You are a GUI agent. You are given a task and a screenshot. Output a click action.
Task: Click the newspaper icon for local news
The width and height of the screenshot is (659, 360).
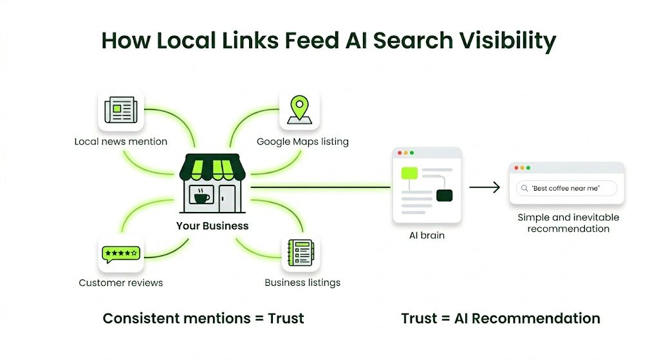click(x=120, y=110)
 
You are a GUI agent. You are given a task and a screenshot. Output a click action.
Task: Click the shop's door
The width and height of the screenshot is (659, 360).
click(x=227, y=197)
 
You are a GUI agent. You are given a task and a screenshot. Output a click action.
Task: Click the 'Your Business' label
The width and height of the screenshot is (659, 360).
click(x=212, y=226)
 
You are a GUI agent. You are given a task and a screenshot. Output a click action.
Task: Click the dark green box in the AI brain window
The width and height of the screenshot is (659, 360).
click(x=444, y=195)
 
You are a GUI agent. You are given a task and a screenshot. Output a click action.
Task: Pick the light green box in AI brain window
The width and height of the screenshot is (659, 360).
click(x=409, y=173)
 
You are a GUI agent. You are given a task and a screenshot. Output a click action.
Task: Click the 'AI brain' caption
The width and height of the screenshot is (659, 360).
click(x=427, y=236)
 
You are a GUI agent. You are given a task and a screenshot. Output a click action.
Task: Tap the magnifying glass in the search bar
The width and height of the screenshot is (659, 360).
click(x=525, y=188)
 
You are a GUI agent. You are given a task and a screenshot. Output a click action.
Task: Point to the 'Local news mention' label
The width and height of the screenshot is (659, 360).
click(x=120, y=141)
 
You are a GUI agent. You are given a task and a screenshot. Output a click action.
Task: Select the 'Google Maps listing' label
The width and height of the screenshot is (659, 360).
click(x=302, y=141)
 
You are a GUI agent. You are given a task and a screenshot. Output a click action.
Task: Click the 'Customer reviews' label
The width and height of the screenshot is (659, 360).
click(x=120, y=283)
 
